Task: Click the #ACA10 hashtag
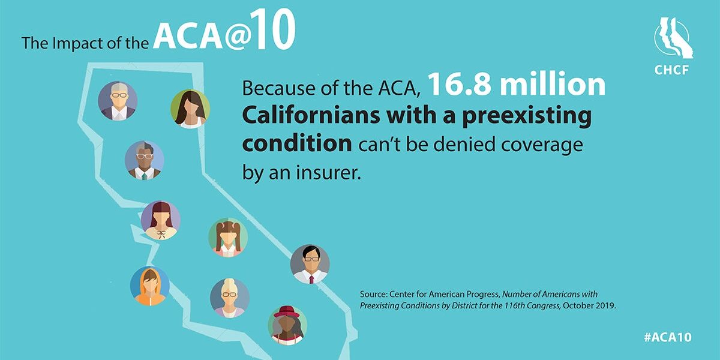click(668, 337)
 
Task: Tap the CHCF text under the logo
click(671, 70)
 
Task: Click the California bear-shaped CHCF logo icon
click(673, 38)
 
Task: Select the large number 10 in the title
click(275, 29)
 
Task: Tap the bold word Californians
click(311, 115)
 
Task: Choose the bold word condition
click(297, 143)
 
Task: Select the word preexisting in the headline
click(527, 116)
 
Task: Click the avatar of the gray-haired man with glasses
click(118, 101)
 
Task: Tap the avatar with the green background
click(190, 109)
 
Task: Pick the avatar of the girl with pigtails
click(228, 237)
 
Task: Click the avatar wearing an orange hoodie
click(150, 286)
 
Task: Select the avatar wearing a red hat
click(287, 325)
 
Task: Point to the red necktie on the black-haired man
click(311, 280)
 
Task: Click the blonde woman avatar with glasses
click(229, 298)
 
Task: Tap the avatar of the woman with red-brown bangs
click(161, 220)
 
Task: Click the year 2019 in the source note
click(605, 305)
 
